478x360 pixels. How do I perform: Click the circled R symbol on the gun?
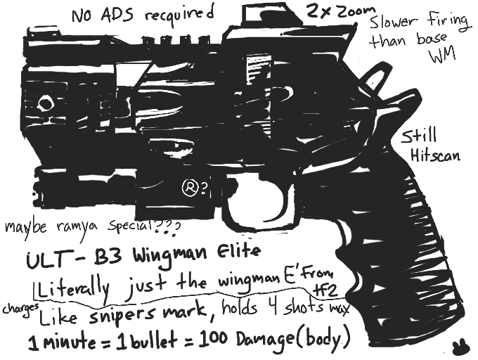[x=188, y=187]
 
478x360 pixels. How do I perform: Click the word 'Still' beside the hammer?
[x=422, y=136]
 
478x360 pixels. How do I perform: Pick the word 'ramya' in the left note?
[x=76, y=228]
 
